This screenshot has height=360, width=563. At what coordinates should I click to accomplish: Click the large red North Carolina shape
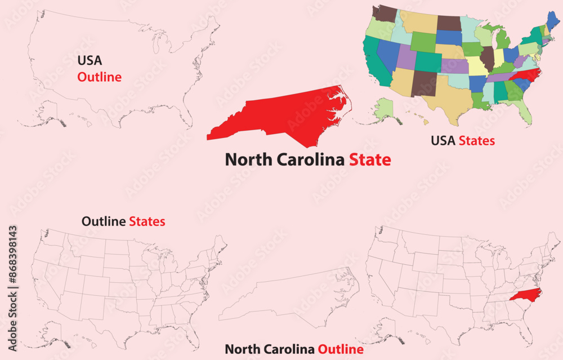pyautogui.click(x=276, y=115)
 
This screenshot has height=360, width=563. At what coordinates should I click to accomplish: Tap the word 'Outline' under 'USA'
pyautogui.click(x=99, y=77)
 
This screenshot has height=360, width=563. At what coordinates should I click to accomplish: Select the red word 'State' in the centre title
pyautogui.click(x=370, y=159)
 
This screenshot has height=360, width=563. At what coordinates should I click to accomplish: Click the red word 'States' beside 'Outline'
pyautogui.click(x=147, y=221)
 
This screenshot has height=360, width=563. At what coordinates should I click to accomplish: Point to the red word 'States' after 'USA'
pyautogui.click(x=476, y=140)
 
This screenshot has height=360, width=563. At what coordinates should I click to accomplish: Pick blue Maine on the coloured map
pyautogui.click(x=553, y=20)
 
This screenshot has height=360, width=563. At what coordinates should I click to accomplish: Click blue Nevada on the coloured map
pyautogui.click(x=387, y=53)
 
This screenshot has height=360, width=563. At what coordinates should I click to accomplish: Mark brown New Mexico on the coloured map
pyautogui.click(x=423, y=83)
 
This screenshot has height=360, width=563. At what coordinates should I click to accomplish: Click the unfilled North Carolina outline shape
pyautogui.click(x=287, y=299)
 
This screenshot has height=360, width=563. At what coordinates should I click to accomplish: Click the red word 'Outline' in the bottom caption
pyautogui.click(x=340, y=349)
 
